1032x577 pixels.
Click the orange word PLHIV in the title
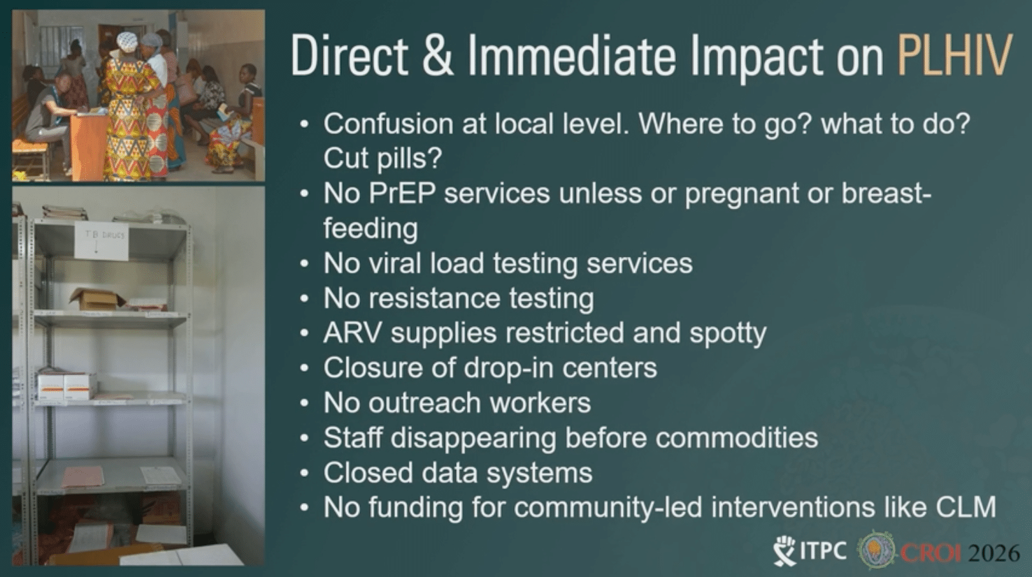point(955,56)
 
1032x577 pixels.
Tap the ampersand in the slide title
point(437,56)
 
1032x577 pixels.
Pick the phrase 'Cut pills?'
point(383,158)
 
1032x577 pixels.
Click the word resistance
point(435,298)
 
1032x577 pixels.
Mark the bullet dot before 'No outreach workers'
point(304,403)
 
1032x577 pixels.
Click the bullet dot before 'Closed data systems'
point(304,473)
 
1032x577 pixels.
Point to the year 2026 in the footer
point(994,552)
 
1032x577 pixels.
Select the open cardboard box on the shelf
point(97,299)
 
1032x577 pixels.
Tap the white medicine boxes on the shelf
point(66,386)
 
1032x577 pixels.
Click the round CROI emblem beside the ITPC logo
point(875,551)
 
